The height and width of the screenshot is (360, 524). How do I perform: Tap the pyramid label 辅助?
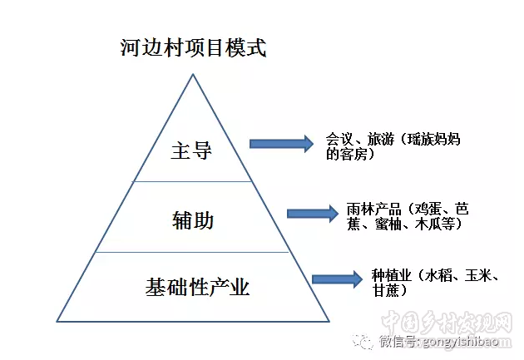(x=193, y=220)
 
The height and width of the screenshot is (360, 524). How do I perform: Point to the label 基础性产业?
(x=197, y=288)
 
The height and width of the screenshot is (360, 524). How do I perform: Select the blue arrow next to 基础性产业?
(x=336, y=280)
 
